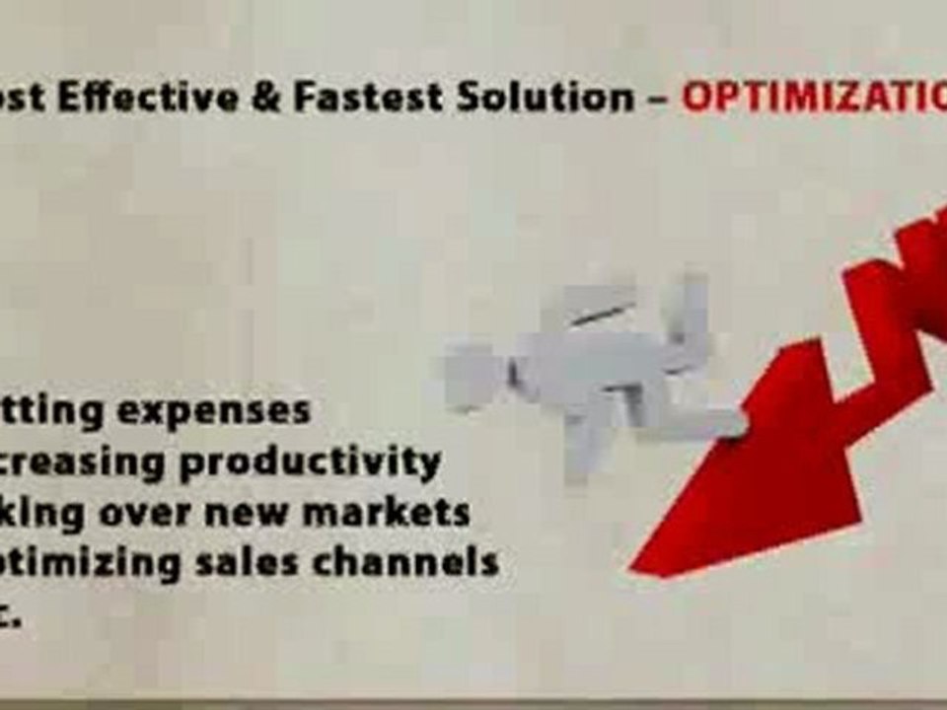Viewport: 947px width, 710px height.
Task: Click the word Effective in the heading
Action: [159, 100]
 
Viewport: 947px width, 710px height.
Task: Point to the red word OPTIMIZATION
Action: [814, 100]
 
